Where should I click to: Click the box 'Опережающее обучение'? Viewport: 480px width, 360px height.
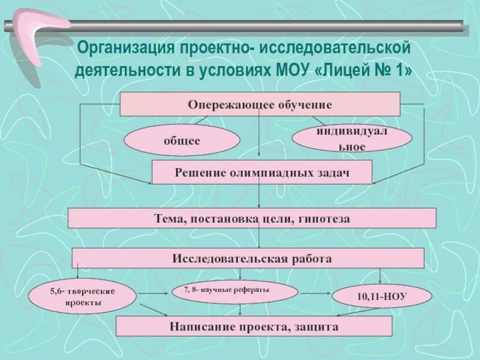(x=260, y=104)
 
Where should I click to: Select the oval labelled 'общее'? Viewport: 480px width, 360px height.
(x=182, y=140)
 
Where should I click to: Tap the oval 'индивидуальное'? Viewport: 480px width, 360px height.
(x=352, y=139)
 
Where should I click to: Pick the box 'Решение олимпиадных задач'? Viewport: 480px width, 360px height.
(x=262, y=172)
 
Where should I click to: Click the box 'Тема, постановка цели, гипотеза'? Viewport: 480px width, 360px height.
(x=252, y=218)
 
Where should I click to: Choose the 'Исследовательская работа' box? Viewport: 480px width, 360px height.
(x=248, y=258)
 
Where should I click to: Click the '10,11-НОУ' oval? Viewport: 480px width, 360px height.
(x=382, y=296)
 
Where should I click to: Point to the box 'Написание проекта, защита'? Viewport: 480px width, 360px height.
(x=254, y=327)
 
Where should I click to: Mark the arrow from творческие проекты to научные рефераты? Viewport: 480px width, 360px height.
(x=152, y=293)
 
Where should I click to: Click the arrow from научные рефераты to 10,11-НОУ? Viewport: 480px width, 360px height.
(x=315, y=293)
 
